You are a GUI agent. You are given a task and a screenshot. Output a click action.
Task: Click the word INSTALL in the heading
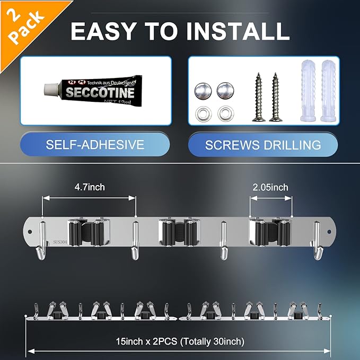tap(238, 31)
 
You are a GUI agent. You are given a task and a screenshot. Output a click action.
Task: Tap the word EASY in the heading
tap(103, 31)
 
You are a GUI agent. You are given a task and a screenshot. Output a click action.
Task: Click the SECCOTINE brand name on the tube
tap(100, 93)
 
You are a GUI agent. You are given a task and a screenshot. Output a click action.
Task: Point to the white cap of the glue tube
tap(51, 89)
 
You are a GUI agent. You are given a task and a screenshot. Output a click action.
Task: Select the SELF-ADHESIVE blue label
tap(95, 144)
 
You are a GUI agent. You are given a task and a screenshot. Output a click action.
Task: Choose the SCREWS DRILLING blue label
tap(263, 145)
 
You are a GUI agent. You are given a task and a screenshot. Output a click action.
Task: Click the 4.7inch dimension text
tap(90, 187)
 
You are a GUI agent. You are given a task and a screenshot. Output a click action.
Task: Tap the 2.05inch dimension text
tap(270, 187)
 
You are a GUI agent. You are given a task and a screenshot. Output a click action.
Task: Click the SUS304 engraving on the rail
tap(60, 242)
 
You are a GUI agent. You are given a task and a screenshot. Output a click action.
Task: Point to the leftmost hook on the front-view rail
tap(41, 241)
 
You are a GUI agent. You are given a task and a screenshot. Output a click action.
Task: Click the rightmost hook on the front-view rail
tap(318, 241)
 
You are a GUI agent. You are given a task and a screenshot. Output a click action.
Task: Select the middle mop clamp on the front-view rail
tap(179, 232)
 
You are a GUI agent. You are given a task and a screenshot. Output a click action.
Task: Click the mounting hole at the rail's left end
tap(30, 232)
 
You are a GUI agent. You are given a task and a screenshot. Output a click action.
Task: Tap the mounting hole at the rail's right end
tap(329, 232)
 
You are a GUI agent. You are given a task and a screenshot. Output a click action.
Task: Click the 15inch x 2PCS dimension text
tap(180, 341)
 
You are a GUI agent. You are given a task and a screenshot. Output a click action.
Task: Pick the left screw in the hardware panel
tap(259, 97)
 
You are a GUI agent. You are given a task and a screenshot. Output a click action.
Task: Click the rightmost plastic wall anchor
tap(329, 91)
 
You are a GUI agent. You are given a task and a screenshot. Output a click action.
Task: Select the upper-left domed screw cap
tap(203, 91)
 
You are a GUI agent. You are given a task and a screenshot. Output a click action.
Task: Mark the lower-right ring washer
tap(226, 113)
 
